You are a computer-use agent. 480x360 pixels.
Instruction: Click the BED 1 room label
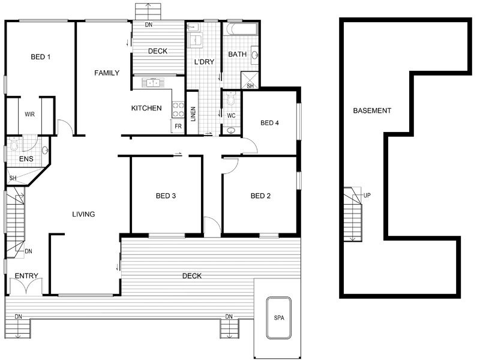[x=41, y=57]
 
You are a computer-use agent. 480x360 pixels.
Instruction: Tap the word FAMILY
[x=107, y=73]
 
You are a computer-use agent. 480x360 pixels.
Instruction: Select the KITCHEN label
[x=146, y=108]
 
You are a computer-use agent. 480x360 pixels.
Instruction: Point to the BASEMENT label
[x=372, y=110]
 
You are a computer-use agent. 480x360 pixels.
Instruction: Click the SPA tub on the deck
[x=278, y=318]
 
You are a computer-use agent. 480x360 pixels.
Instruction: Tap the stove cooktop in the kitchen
[x=178, y=110]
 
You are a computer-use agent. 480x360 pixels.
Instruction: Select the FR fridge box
[x=178, y=126]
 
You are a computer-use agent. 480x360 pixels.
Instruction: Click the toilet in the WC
[x=231, y=98]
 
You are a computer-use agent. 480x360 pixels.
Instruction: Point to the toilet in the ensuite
[x=14, y=144]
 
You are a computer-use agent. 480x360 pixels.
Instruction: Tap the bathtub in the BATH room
[x=241, y=29]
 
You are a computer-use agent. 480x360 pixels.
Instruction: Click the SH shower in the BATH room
[x=250, y=80]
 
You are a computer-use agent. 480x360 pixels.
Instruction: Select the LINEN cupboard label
[x=193, y=114]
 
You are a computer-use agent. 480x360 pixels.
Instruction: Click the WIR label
[x=29, y=115]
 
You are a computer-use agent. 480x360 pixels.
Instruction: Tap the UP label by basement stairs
[x=367, y=195]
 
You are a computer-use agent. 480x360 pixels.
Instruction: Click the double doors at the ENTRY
[x=26, y=287]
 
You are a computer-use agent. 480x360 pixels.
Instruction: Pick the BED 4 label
[x=269, y=123]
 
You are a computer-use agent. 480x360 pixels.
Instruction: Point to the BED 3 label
[x=166, y=196]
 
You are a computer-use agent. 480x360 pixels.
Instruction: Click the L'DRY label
[x=204, y=62]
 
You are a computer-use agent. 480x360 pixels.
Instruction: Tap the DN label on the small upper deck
[x=149, y=25]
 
